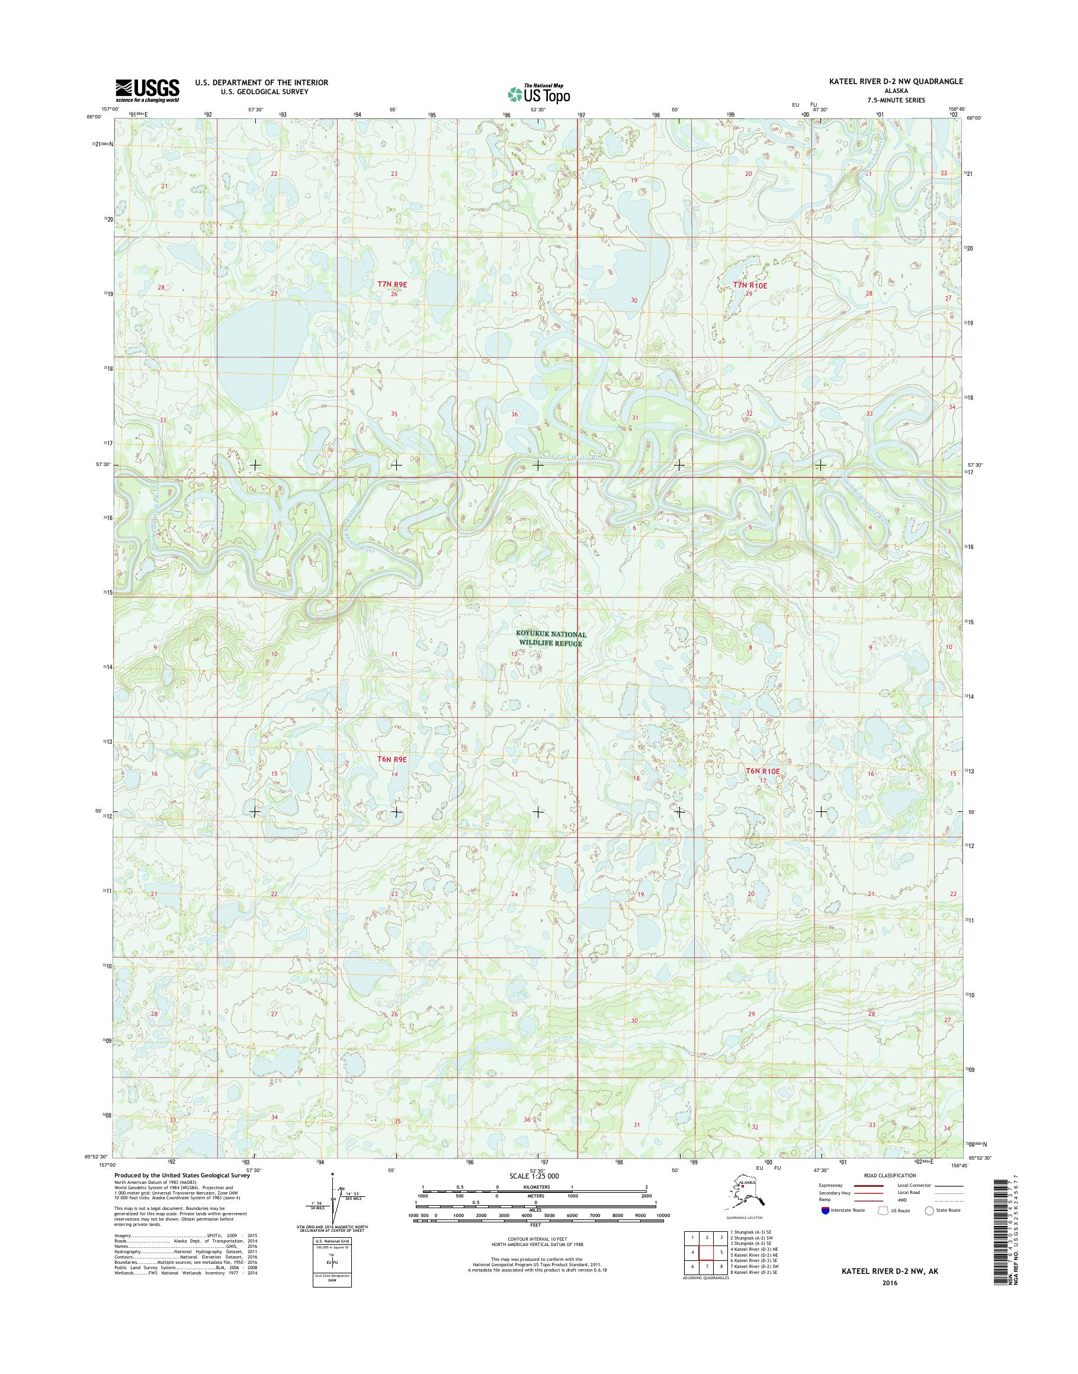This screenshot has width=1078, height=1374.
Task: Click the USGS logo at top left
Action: pyautogui.click(x=147, y=90)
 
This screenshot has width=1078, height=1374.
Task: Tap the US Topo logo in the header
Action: pyautogui.click(x=539, y=93)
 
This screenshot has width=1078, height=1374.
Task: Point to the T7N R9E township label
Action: pyautogui.click(x=392, y=285)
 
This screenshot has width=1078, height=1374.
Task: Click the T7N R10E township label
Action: pyautogui.click(x=750, y=285)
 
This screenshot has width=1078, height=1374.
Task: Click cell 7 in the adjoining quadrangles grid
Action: pyautogui.click(x=707, y=1267)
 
